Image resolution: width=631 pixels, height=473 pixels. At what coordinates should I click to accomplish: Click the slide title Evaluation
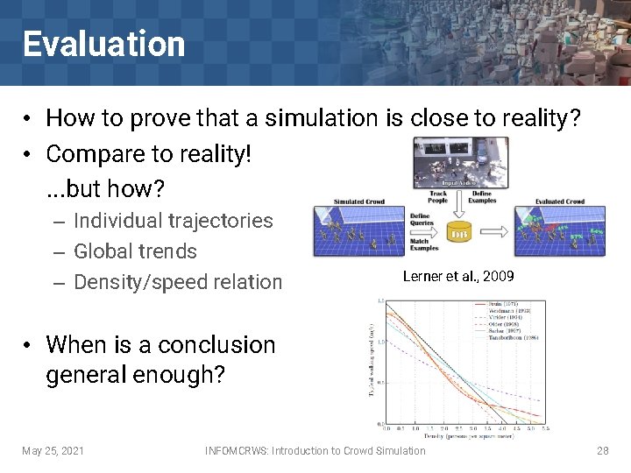pos(103,44)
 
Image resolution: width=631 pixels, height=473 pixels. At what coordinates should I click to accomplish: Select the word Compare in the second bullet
pos(96,153)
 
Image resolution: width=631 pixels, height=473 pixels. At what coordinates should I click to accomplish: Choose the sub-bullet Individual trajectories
pos(173,221)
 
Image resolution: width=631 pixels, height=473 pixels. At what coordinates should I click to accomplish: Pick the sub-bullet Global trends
pos(135,251)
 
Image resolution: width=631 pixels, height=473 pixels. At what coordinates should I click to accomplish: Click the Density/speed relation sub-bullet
pos(177,282)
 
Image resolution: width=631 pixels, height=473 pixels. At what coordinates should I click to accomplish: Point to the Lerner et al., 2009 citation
pos(458,277)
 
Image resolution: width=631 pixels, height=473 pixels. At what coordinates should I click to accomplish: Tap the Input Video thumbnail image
pos(459,162)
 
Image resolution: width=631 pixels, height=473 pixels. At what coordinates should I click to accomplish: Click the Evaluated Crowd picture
pos(560,229)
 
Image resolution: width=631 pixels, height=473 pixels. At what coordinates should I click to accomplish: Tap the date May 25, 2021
pos(53,451)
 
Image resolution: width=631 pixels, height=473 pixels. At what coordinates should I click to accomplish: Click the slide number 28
pos(602,451)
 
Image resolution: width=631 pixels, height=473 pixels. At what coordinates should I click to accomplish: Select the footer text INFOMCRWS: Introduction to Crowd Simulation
pos(315,451)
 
